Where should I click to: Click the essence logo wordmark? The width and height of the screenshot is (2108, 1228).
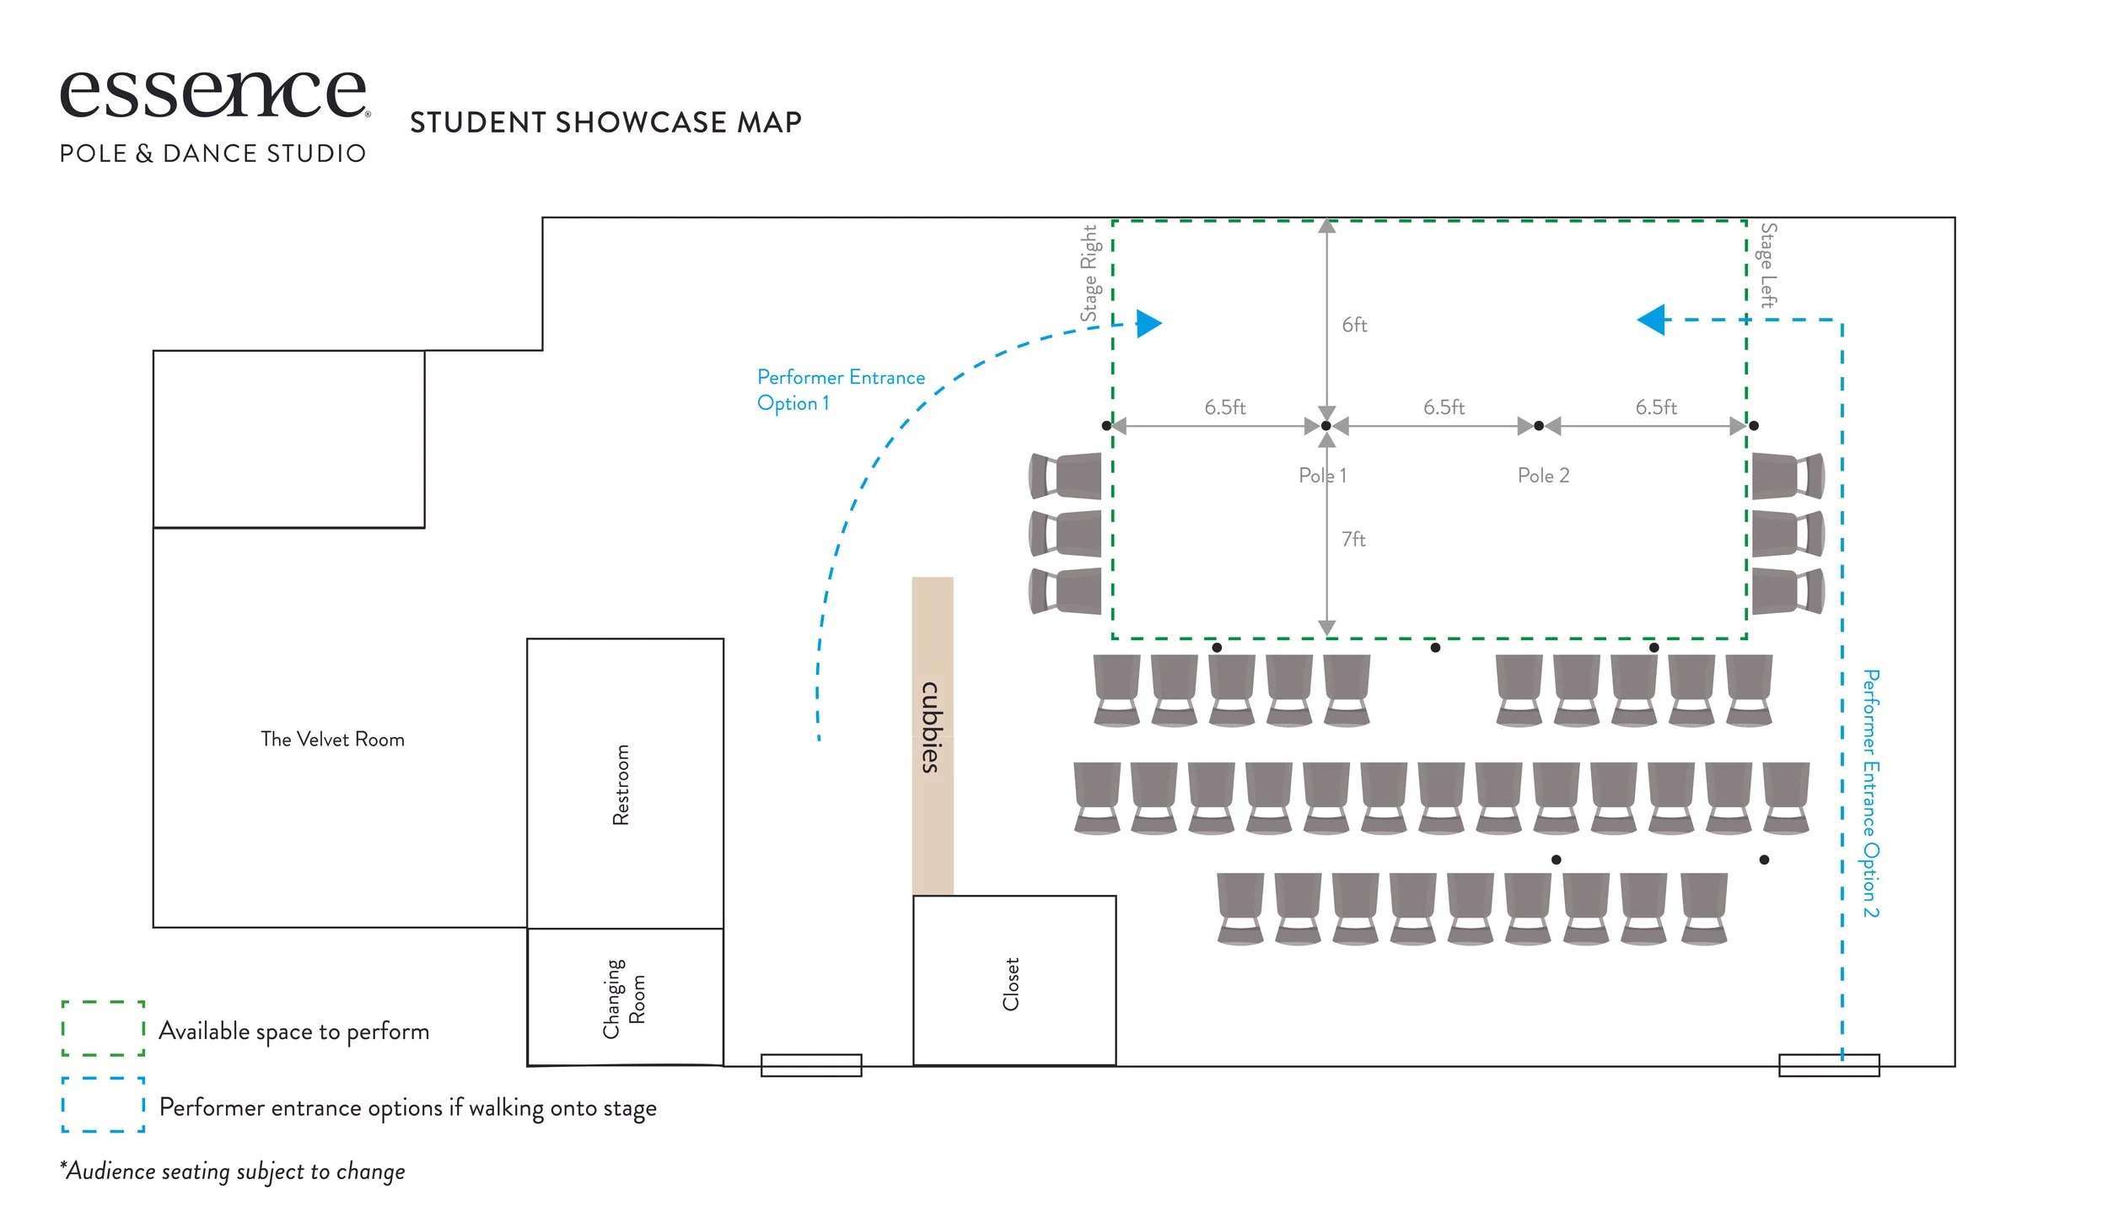(213, 94)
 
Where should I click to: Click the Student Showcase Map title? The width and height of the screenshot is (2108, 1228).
(605, 123)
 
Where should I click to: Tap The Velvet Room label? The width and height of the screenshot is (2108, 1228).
(332, 740)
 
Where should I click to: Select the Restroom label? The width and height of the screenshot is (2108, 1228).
(621, 784)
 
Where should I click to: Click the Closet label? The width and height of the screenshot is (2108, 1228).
(1011, 983)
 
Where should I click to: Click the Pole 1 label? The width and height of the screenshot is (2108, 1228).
(1322, 476)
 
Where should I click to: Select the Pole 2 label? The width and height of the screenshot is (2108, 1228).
(1543, 476)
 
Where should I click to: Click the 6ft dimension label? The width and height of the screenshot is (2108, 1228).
(1354, 326)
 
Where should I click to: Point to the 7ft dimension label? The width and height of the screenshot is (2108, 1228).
(1353, 540)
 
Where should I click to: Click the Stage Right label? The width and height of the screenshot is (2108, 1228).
(1089, 272)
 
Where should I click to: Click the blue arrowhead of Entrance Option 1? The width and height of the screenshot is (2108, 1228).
(1148, 323)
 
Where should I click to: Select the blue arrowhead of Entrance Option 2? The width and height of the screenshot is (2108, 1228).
(1652, 320)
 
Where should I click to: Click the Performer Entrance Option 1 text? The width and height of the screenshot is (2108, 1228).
(840, 390)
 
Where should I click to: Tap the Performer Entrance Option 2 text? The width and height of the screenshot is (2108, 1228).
(1870, 793)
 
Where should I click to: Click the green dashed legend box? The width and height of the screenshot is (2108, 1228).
(103, 1028)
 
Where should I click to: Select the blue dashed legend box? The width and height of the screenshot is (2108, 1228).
(103, 1104)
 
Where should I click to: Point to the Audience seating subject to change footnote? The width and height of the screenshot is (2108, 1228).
(233, 1171)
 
